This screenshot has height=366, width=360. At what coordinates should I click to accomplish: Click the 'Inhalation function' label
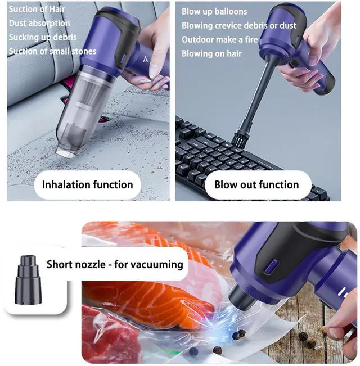[x=88, y=184]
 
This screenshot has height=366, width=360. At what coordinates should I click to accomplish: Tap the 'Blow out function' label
[x=256, y=184]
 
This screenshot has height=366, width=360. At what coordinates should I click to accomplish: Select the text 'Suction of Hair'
[x=37, y=9]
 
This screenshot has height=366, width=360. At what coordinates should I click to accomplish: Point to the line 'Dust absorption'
[x=39, y=23]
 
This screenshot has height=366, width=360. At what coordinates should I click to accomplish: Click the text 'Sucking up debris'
[x=43, y=37]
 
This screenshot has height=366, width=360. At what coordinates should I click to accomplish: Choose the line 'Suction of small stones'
[x=52, y=51]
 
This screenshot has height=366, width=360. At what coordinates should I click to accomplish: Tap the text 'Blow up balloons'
[x=214, y=11]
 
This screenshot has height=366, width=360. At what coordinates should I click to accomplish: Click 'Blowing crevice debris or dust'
[x=239, y=25]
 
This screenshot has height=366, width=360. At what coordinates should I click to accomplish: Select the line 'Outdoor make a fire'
[x=220, y=39]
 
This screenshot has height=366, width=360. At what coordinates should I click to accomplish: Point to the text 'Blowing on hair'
[x=211, y=53]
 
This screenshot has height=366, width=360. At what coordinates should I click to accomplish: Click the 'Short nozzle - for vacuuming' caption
[x=115, y=265]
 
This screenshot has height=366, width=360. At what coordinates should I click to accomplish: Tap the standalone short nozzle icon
[x=28, y=280]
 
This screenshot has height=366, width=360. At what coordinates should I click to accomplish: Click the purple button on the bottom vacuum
[x=271, y=266]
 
